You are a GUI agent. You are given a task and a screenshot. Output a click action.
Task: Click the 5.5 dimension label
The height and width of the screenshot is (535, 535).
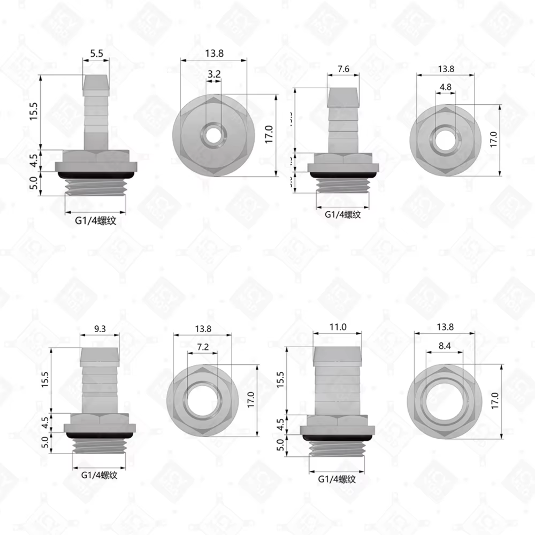tap(97, 53)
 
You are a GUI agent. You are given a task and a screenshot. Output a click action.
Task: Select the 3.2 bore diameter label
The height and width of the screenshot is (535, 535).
tap(214, 74)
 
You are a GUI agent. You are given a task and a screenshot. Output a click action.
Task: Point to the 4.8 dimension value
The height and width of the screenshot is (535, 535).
tap(445, 87)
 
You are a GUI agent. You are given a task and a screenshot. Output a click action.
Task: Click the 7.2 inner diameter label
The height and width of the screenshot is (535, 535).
tap(203, 347)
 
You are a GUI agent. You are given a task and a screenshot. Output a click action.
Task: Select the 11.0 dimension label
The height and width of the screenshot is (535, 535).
tap(337, 326)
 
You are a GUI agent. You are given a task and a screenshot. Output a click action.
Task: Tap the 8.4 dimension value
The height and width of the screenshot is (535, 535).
tap(444, 347)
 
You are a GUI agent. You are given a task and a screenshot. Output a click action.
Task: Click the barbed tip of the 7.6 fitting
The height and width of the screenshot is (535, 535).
tap(343, 97)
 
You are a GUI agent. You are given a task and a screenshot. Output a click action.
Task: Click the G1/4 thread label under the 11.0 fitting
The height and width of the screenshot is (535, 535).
tap(337, 479)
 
